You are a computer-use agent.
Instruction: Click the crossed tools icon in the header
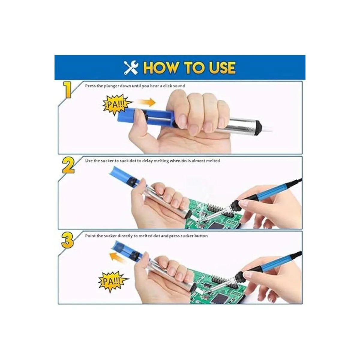click(131, 67)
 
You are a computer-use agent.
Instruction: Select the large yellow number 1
click(67, 90)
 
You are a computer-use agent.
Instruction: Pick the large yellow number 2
click(68, 165)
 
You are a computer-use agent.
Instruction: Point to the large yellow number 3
click(67, 240)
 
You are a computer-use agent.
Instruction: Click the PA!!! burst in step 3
click(113, 281)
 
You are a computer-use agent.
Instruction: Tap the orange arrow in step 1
click(147, 102)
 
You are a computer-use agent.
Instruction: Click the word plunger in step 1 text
click(111, 86)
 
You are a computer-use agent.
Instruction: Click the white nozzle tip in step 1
click(266, 128)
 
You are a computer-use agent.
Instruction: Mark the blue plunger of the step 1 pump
click(146, 117)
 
